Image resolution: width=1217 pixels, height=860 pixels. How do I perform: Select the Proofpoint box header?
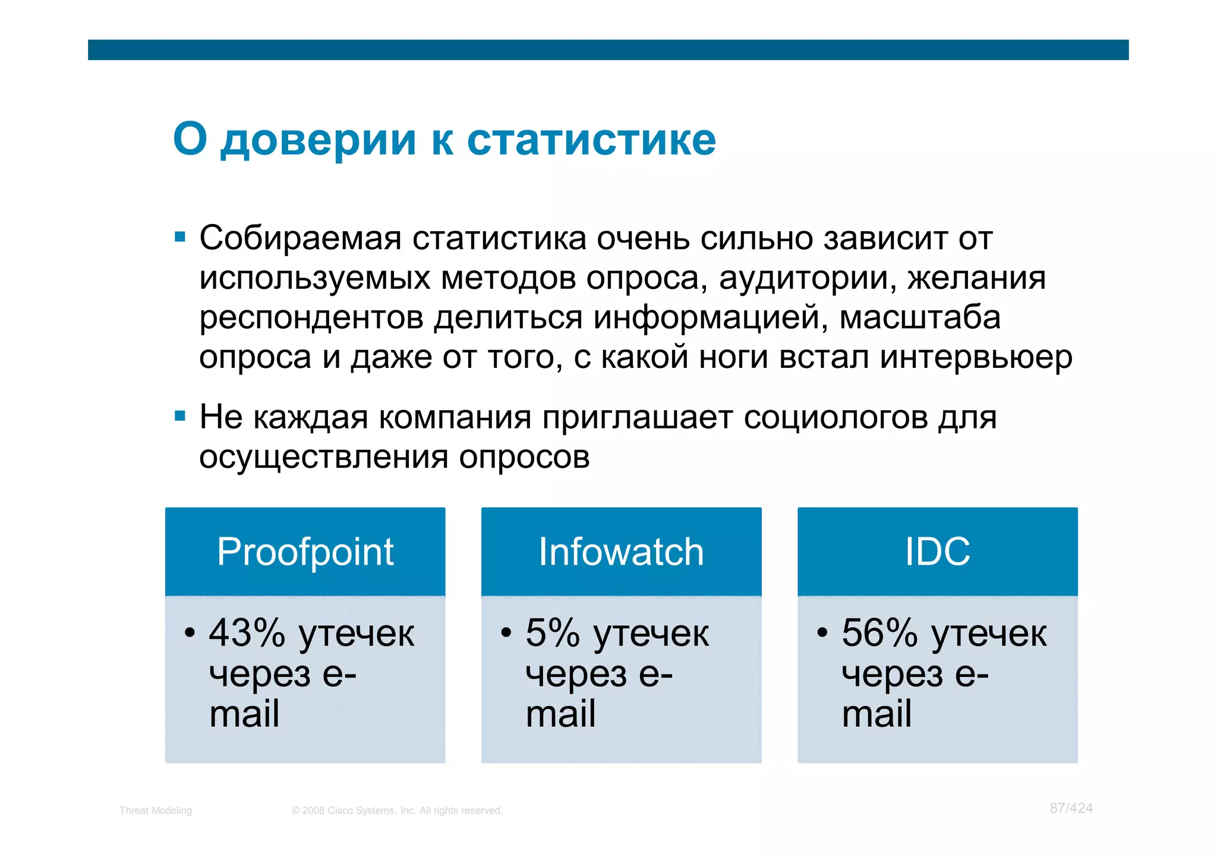305,552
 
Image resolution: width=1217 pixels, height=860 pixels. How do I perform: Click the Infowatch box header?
621,552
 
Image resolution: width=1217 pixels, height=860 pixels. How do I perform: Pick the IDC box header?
937,552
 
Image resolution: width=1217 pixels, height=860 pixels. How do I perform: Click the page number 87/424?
1071,808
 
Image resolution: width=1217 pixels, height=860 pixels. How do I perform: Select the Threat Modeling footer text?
156,811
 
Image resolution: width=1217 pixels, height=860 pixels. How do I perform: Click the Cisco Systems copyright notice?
397,811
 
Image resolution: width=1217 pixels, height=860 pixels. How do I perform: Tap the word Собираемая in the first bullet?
301,238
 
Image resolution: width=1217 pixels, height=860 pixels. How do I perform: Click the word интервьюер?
976,357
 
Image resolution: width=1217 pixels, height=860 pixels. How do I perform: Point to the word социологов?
835,417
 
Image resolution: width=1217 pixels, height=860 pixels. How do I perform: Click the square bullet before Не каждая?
180,415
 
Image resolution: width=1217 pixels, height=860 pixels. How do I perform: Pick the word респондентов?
311,318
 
